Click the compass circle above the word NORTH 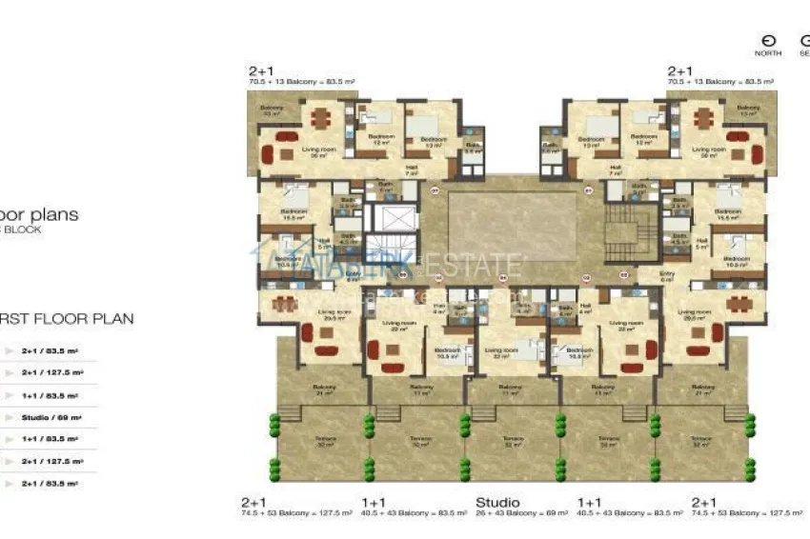pos(768,41)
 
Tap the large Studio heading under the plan pos(497,502)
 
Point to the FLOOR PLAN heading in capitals pos(67,319)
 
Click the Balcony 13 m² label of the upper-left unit pos(272,110)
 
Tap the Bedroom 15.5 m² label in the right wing pos(728,214)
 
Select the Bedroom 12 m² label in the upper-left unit pos(381,139)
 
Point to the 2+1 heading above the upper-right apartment pos(679,71)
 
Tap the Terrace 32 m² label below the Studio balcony pos(513,441)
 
